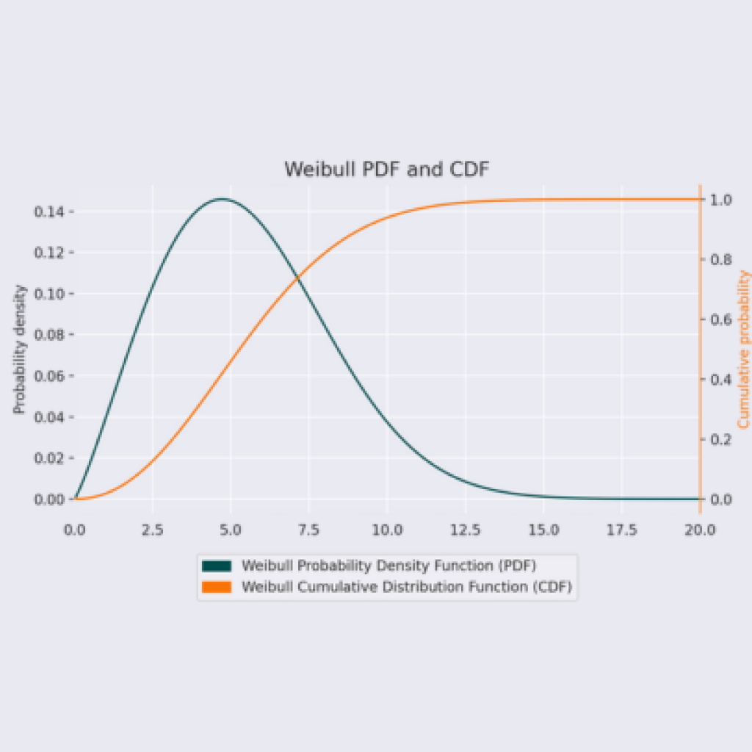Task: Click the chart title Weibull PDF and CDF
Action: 386,169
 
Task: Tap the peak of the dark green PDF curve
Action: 222,198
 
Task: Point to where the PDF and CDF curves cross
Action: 297,278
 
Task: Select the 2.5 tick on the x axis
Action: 153,529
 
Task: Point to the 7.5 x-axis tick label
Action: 308,529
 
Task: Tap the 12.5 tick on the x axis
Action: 465,529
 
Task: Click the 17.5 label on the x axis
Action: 621,529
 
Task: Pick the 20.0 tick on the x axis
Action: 699,529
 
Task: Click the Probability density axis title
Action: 20,350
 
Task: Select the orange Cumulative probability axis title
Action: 743,350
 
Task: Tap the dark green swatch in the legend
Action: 217,565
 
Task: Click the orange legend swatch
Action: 217,587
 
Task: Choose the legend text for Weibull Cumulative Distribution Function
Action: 406,587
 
